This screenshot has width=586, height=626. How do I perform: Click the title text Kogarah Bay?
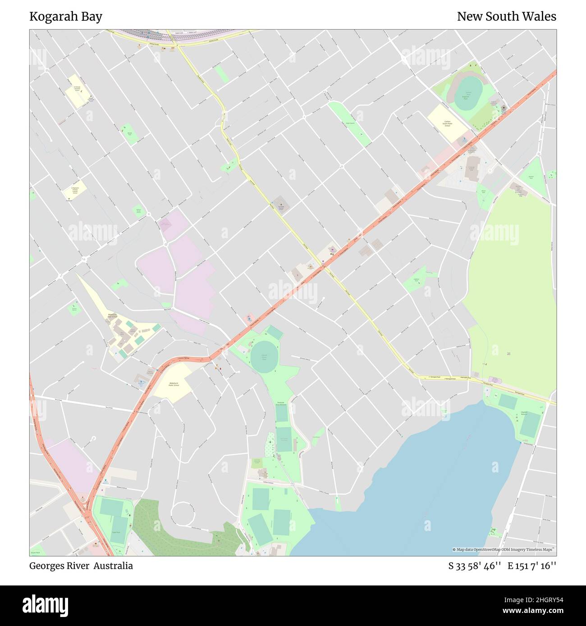coord(66,17)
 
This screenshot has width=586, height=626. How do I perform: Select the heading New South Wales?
coord(506,17)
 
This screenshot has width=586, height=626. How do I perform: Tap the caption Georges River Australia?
coord(81,566)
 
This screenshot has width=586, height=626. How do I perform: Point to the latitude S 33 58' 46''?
coord(475,566)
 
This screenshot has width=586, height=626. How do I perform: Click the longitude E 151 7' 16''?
coord(532,566)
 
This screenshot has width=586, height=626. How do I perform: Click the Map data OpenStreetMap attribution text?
coord(504,549)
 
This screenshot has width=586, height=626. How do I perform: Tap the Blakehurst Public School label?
coord(174,384)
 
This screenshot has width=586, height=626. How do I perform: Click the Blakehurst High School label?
coord(112,315)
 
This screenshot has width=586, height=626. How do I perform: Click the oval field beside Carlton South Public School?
coord(468,94)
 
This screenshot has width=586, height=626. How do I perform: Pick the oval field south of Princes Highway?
coord(264,356)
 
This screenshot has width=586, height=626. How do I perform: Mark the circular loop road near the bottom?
coord(183,513)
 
